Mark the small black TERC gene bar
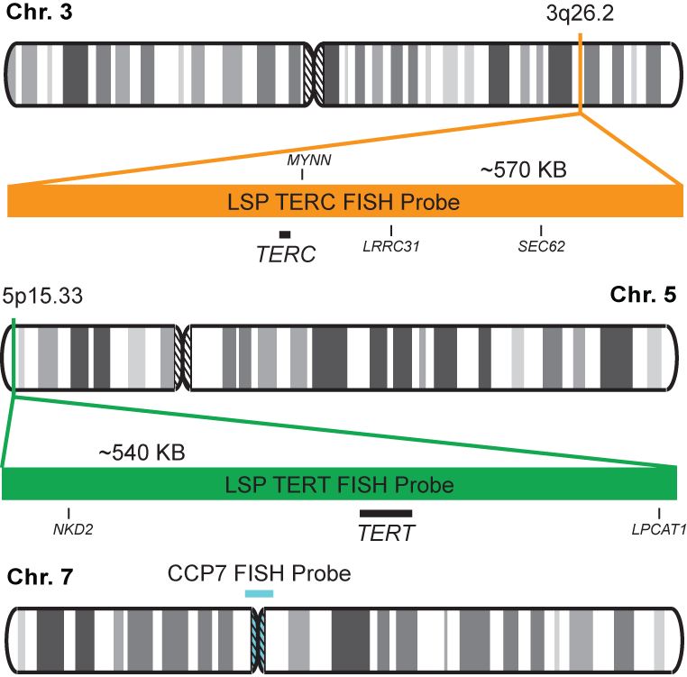(x=284, y=234)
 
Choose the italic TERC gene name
(x=286, y=254)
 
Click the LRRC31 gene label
(x=391, y=245)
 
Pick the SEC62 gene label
(x=541, y=245)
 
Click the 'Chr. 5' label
(x=643, y=295)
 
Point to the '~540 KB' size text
(x=142, y=452)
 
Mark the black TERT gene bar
(x=386, y=513)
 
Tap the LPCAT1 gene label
(x=659, y=530)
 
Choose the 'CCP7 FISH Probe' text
(x=259, y=573)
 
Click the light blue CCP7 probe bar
(x=259, y=593)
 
